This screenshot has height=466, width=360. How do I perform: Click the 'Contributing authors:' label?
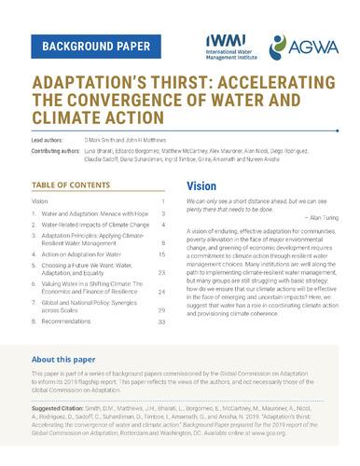pyautogui.click(x=61, y=148)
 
